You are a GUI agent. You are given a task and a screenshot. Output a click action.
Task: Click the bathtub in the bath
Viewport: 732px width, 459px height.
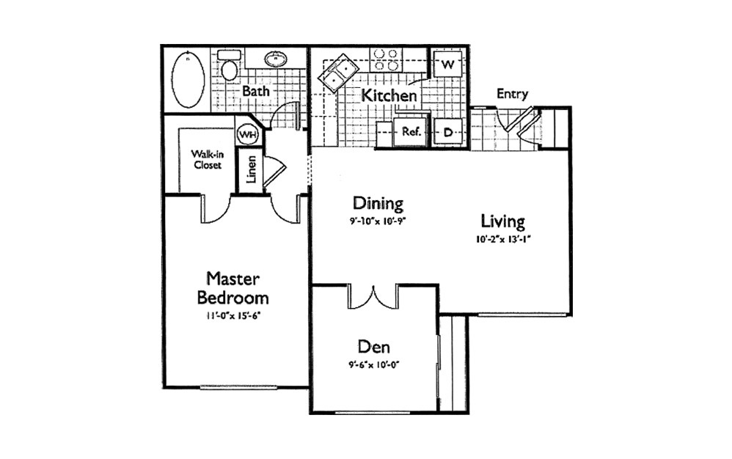pyautogui.click(x=188, y=78)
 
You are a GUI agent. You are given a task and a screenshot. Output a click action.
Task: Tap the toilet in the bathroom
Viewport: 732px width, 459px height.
pyautogui.click(x=229, y=65)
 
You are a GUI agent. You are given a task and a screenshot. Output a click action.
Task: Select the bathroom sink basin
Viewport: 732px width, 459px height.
pyautogui.click(x=276, y=59)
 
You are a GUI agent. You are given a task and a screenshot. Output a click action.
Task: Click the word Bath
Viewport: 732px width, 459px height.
pyautogui.click(x=256, y=90)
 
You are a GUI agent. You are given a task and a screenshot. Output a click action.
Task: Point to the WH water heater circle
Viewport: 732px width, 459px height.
pyautogui.click(x=247, y=134)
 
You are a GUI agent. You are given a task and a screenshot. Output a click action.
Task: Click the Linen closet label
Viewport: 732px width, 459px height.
pyautogui.click(x=251, y=169)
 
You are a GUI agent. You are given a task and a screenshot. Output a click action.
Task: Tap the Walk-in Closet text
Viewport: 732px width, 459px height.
pyautogui.click(x=208, y=159)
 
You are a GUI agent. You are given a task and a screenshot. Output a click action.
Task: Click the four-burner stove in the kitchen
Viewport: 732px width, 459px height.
pyautogui.click(x=386, y=59)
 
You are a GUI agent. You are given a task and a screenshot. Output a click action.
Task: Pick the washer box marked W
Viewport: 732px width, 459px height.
pyautogui.click(x=447, y=64)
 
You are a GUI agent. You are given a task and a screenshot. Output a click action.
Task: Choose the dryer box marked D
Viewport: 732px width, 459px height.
pyautogui.click(x=448, y=133)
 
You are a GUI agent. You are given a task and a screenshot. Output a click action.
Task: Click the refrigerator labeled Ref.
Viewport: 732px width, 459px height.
pyautogui.click(x=410, y=132)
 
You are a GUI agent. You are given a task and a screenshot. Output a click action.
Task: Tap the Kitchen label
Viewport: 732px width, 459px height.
pyautogui.click(x=389, y=95)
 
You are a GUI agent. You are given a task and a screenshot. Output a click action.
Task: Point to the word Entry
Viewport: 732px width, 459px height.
pyautogui.click(x=512, y=94)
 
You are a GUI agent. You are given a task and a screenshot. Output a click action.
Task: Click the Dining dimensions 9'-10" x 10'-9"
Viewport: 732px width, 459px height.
pyautogui.click(x=378, y=222)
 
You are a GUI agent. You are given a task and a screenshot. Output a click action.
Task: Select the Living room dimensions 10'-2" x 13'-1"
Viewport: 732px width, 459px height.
pyautogui.click(x=504, y=240)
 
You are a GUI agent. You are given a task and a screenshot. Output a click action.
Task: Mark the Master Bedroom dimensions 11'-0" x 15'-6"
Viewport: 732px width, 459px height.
pyautogui.click(x=233, y=316)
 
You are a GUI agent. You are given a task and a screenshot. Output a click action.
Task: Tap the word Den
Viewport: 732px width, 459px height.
pyautogui.click(x=373, y=347)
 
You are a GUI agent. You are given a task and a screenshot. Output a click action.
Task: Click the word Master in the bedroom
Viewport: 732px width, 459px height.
pyautogui.click(x=233, y=279)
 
